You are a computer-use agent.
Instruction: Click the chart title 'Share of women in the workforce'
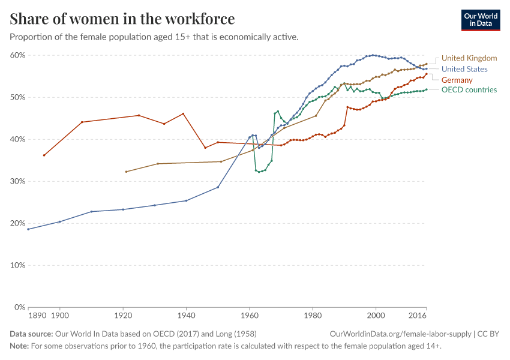tap(122, 19)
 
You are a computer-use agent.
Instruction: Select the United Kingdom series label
tap(469, 58)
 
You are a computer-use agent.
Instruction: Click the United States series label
tap(464, 69)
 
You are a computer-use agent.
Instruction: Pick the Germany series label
tap(457, 80)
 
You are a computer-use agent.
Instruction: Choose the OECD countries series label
tap(469, 90)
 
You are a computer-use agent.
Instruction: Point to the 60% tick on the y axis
tap(17, 55)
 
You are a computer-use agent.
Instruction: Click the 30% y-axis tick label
tap(17, 181)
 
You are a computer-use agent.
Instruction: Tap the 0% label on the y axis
tap(19, 307)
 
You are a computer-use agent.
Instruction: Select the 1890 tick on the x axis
tap(37, 315)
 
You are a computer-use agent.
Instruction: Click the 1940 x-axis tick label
tap(186, 315)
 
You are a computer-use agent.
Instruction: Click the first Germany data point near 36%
tap(44, 155)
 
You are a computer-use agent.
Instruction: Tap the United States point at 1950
tap(218, 187)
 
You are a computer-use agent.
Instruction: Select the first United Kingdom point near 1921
tap(126, 172)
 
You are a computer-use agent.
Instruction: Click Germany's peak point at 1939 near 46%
tap(183, 113)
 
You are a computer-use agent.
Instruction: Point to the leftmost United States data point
tap(28, 229)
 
